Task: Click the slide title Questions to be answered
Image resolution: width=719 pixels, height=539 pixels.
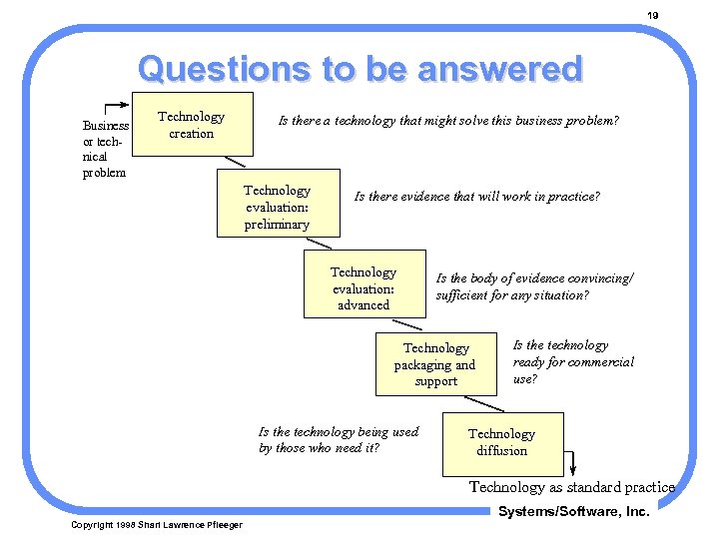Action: click(359, 69)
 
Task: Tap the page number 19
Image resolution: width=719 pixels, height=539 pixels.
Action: click(652, 15)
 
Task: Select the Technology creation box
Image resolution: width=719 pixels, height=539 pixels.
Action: click(192, 125)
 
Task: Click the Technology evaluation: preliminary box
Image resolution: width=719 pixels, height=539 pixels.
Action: click(278, 207)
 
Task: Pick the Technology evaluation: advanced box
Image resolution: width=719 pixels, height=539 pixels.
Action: click(363, 288)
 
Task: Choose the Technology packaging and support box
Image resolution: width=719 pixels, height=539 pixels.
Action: click(435, 364)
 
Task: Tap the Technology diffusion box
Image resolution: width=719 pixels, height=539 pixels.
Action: click(501, 442)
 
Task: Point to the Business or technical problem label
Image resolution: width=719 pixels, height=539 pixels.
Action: click(105, 149)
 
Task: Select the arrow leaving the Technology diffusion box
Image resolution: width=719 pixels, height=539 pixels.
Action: click(572, 463)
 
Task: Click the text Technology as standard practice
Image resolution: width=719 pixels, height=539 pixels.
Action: click(572, 487)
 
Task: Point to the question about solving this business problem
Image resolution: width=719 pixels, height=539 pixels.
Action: click(447, 121)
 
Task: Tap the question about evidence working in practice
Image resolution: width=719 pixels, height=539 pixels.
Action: click(476, 197)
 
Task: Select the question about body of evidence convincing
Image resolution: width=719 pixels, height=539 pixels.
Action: click(534, 287)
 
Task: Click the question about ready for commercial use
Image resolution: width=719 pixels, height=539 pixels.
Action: click(572, 361)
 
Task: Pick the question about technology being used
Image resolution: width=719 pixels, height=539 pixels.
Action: click(338, 439)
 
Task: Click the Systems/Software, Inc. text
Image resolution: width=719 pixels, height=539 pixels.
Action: click(573, 511)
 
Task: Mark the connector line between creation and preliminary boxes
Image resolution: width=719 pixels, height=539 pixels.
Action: click(235, 162)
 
